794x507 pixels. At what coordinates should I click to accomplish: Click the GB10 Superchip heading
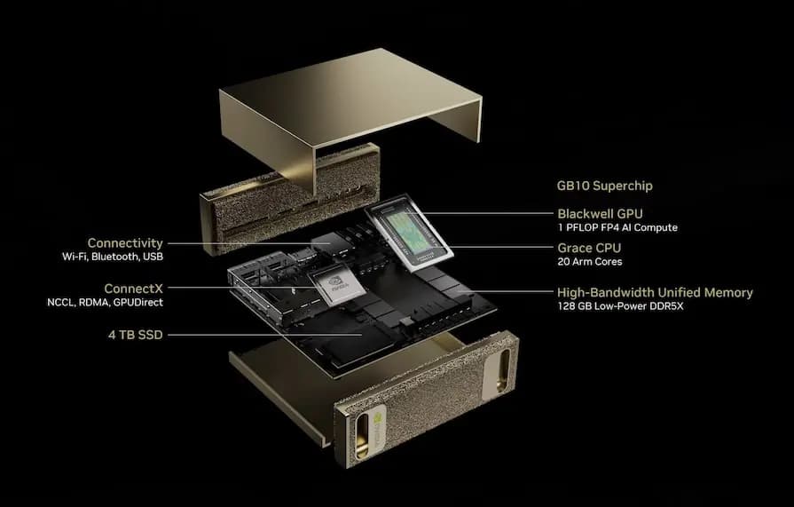click(604, 187)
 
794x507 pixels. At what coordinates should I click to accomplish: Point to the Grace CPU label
click(589, 248)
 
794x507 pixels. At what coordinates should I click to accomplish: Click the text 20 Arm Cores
click(589, 262)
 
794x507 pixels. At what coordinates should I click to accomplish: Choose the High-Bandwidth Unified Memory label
click(655, 292)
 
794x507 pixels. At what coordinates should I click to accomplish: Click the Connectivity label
click(125, 242)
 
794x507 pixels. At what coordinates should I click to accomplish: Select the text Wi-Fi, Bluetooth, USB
click(113, 257)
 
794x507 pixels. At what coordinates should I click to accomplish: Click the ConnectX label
click(133, 289)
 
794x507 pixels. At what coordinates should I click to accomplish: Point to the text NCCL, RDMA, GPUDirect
click(105, 303)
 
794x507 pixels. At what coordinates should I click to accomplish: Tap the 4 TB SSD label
click(133, 335)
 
